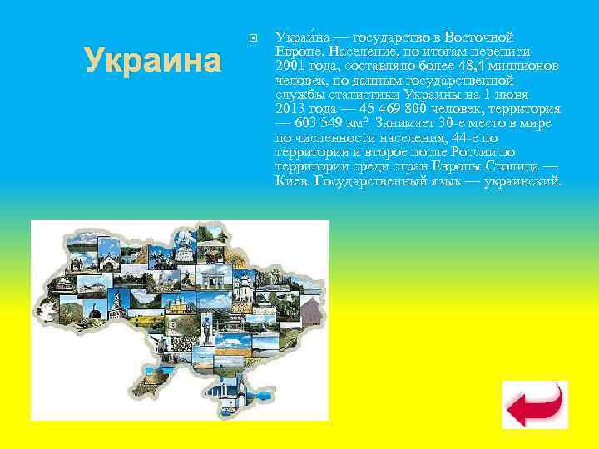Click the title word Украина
153,60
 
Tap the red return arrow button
535,404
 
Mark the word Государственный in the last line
365,180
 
